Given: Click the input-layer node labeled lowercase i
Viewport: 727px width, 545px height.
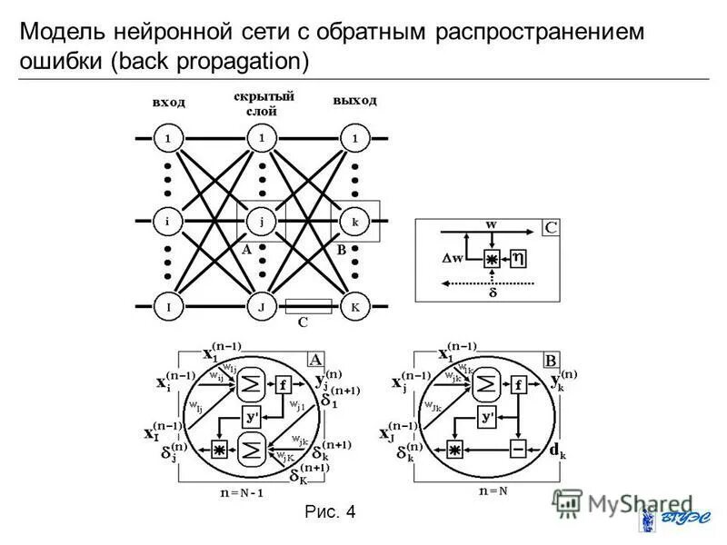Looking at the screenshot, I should coord(167,221).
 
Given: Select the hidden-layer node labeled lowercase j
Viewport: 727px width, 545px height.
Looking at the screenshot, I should coord(262,221).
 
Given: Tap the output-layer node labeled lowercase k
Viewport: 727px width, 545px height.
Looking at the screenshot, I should coord(355,221).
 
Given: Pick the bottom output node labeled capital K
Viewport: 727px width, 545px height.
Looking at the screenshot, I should coord(355,307).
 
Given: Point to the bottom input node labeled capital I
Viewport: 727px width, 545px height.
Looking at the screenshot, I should coord(167,307).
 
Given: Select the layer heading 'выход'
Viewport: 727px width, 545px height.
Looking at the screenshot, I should coord(354,99).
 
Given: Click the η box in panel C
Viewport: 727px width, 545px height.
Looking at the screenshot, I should coord(519,259).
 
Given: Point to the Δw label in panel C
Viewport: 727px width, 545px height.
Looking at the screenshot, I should coord(453,257).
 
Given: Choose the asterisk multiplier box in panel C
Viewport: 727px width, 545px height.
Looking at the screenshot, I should coord(491,260).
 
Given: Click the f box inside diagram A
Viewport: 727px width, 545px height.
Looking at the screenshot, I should coord(283,384).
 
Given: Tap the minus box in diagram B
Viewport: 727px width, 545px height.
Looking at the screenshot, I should coord(519,449).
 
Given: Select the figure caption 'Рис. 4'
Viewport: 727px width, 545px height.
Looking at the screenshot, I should coord(330,513).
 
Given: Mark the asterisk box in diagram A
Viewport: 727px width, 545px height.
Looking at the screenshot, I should coord(218,449).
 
